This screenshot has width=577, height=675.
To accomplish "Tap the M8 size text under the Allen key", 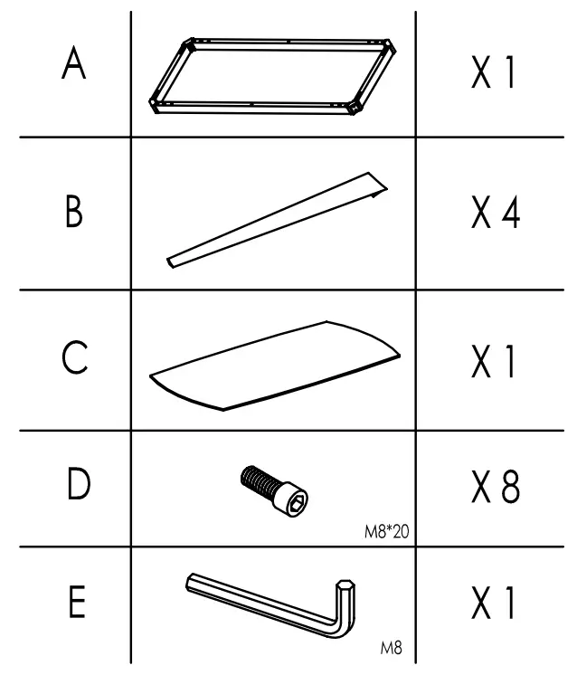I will click(x=391, y=648).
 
